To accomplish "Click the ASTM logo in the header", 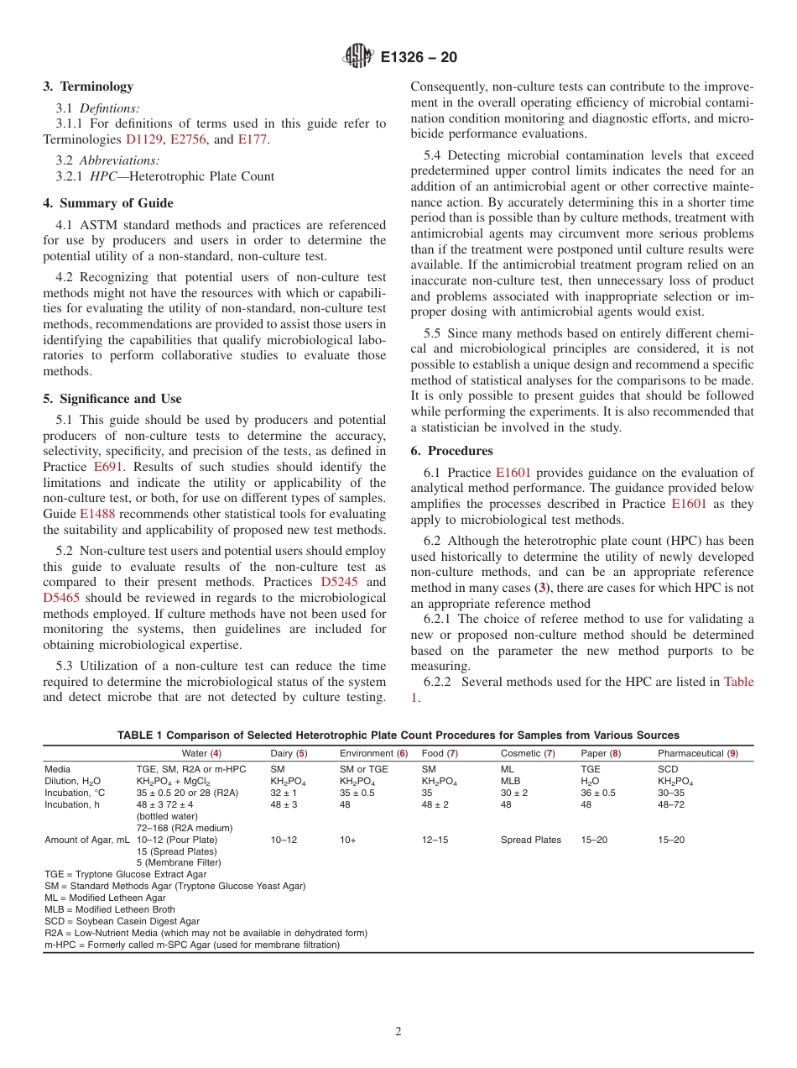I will [359, 58].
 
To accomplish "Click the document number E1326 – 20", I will [419, 58].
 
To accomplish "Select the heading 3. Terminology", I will [88, 86].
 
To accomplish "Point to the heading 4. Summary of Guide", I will [108, 203].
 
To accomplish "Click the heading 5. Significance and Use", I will [112, 399].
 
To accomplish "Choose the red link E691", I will [108, 467].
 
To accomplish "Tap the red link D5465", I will [60, 598].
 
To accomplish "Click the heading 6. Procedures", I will [451, 451].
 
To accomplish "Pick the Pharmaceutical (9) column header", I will [697, 754].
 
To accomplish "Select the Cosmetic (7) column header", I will [528, 754].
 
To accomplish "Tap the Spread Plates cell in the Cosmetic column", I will [530, 840].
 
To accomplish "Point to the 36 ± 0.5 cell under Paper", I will [597, 793].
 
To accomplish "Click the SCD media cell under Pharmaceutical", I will [668, 769].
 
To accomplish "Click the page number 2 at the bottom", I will [398, 1032].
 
